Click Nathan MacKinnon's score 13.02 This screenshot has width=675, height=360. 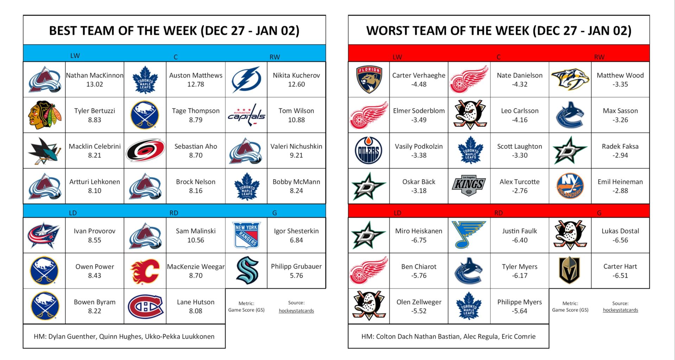pos(95,84)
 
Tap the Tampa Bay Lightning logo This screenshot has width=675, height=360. pos(246,80)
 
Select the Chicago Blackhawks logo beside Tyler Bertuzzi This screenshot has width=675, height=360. pos(44,115)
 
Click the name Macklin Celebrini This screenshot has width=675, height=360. pos(95,146)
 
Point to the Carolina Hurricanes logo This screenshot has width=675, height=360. pos(145,150)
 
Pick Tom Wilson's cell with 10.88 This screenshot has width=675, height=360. pos(296,115)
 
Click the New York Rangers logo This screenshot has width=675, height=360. pos(246,236)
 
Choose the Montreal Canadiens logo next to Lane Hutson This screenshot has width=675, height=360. pos(145,307)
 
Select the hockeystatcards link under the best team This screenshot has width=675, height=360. pos(296,311)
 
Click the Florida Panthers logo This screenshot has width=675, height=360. pos(369,80)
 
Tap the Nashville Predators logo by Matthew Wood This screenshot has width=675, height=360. pos(570,79)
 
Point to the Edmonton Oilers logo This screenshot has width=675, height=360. pos(368,150)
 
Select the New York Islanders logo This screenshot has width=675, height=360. pos(570,186)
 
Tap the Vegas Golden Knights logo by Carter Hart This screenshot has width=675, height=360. pos(570,271)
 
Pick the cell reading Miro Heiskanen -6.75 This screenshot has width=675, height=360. pos(418,236)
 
